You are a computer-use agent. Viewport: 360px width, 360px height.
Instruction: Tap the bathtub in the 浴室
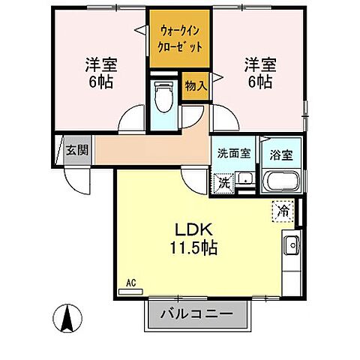pos(282,181)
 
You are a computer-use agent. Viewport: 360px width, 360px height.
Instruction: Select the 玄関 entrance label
pos(76,150)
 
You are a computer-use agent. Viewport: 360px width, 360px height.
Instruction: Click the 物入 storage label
pos(196,86)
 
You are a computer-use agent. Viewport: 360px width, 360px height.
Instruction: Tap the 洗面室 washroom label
pos(233,153)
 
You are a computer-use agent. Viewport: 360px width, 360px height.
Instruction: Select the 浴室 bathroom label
pos(282,153)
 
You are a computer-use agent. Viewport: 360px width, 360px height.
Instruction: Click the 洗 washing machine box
pos(222,182)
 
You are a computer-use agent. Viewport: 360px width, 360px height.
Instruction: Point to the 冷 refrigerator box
pos(283,211)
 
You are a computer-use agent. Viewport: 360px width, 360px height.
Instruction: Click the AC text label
pos(130,283)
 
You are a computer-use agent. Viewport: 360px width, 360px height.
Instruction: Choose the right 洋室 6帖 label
pos(259,72)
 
